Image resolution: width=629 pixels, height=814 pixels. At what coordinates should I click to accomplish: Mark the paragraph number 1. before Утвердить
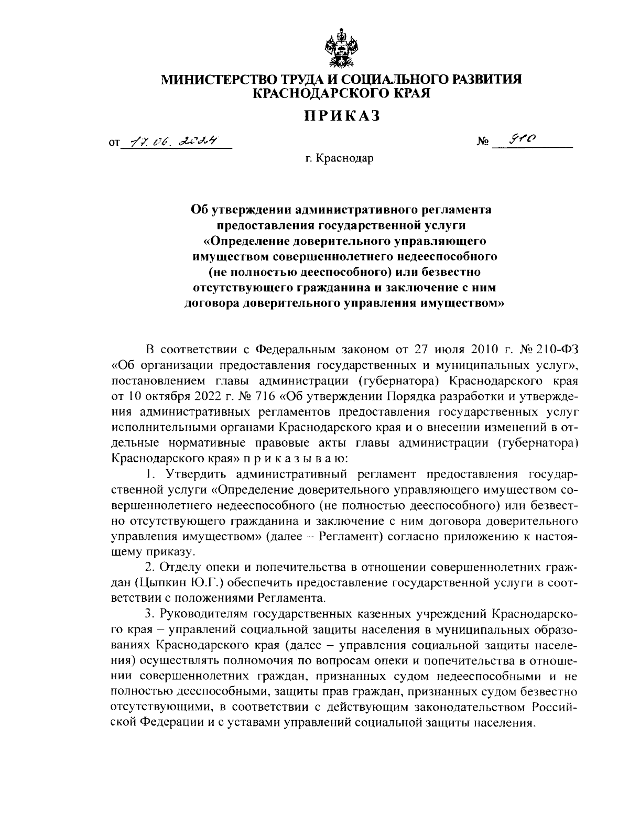[x=151, y=474]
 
